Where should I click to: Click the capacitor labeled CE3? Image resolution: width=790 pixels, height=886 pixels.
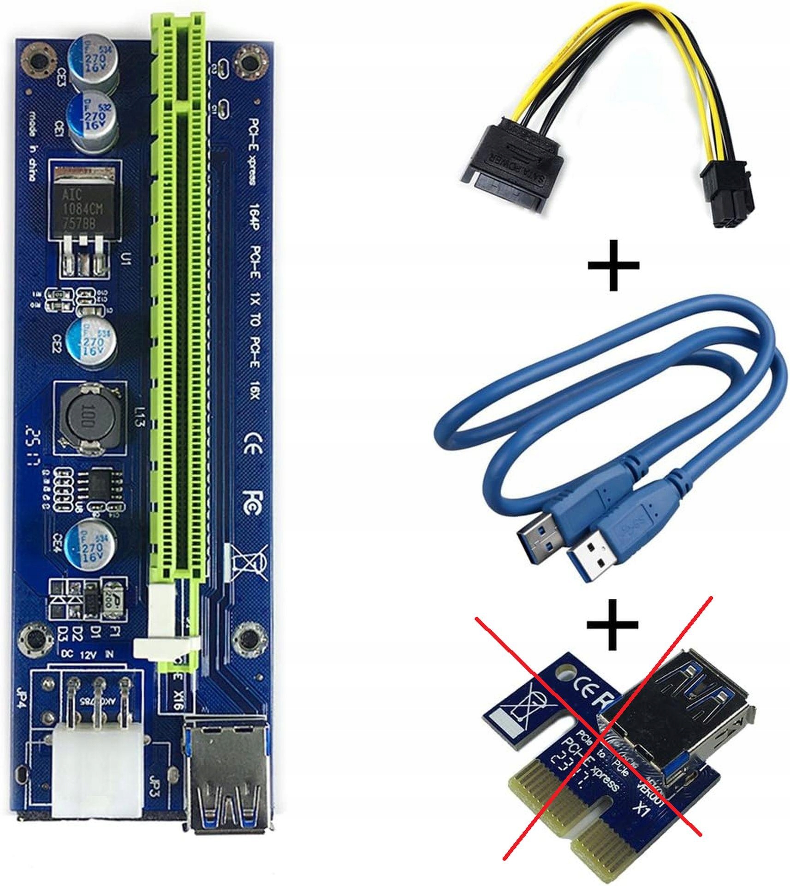pyautogui.click(x=92, y=60)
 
